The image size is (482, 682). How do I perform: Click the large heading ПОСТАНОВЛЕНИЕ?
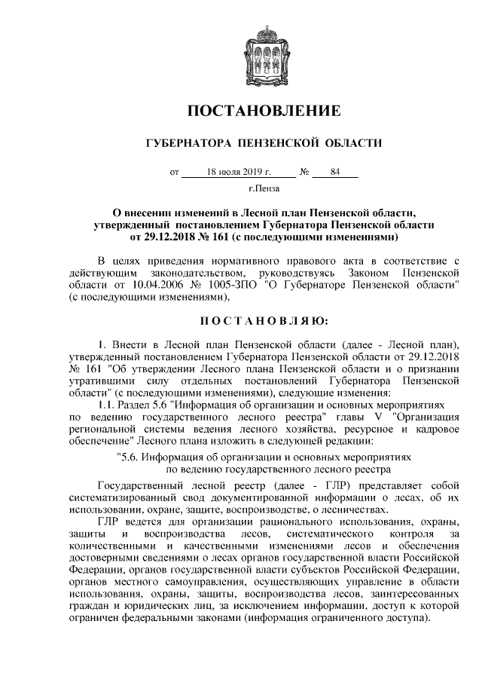tap(263, 112)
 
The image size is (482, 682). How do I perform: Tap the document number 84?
tap(335, 172)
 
